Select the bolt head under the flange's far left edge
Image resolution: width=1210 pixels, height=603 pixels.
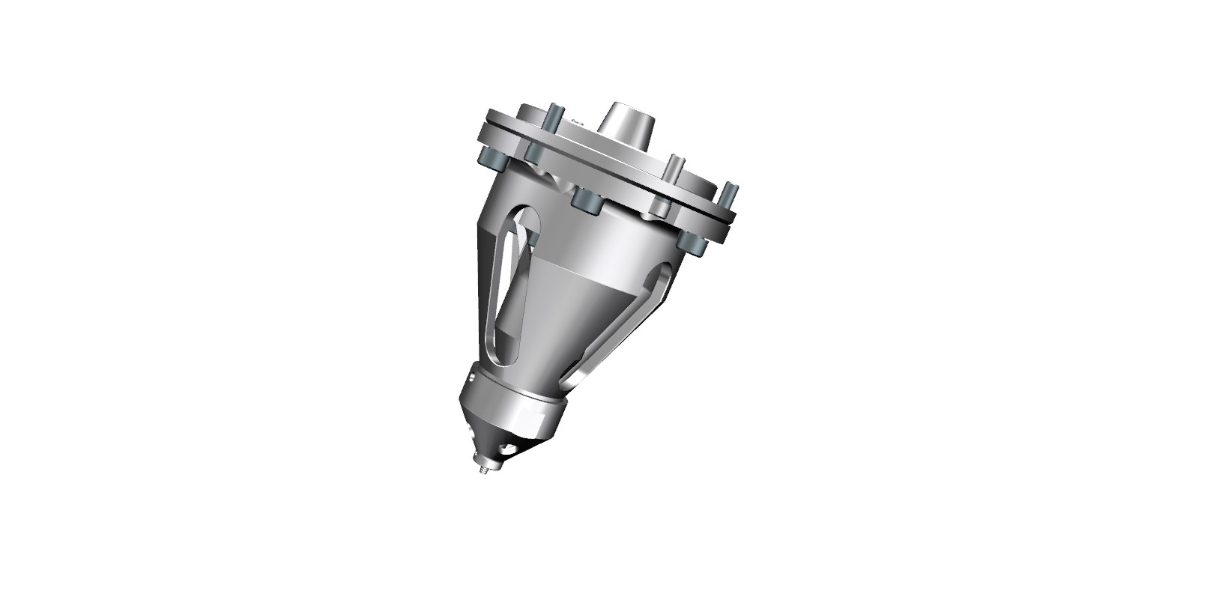[x=493, y=159]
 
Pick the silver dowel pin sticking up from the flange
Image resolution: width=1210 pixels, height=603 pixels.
[x=674, y=169]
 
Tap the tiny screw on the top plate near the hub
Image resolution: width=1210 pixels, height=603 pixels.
[x=578, y=122]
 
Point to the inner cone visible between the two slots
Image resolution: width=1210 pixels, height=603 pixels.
[x=569, y=315]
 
